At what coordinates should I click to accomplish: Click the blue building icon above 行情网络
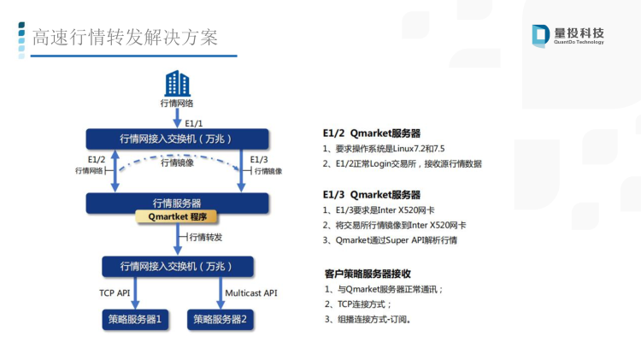click(177, 83)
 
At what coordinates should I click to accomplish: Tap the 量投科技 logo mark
click(540, 36)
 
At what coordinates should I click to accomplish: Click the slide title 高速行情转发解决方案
click(125, 38)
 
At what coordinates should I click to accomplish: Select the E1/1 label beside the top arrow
click(193, 123)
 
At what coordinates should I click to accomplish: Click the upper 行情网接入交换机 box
click(177, 139)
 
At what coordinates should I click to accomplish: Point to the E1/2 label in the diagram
click(97, 160)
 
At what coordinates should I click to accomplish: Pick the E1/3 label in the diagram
click(259, 160)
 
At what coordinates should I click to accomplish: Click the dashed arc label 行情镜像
click(177, 162)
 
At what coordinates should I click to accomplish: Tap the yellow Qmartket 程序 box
click(176, 217)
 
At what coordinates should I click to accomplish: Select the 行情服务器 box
click(177, 203)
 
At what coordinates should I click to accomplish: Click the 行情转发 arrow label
click(206, 237)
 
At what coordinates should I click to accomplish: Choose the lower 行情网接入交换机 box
click(178, 267)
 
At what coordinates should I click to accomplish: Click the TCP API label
click(115, 293)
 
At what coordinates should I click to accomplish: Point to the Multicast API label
click(251, 293)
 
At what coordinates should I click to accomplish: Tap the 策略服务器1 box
click(135, 320)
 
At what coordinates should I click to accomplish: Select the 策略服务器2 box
click(220, 320)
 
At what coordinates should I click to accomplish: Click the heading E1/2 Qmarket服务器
click(372, 133)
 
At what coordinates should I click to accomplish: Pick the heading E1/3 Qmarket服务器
click(372, 195)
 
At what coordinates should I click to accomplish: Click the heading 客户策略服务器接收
click(368, 274)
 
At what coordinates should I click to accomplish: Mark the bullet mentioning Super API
click(390, 240)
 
